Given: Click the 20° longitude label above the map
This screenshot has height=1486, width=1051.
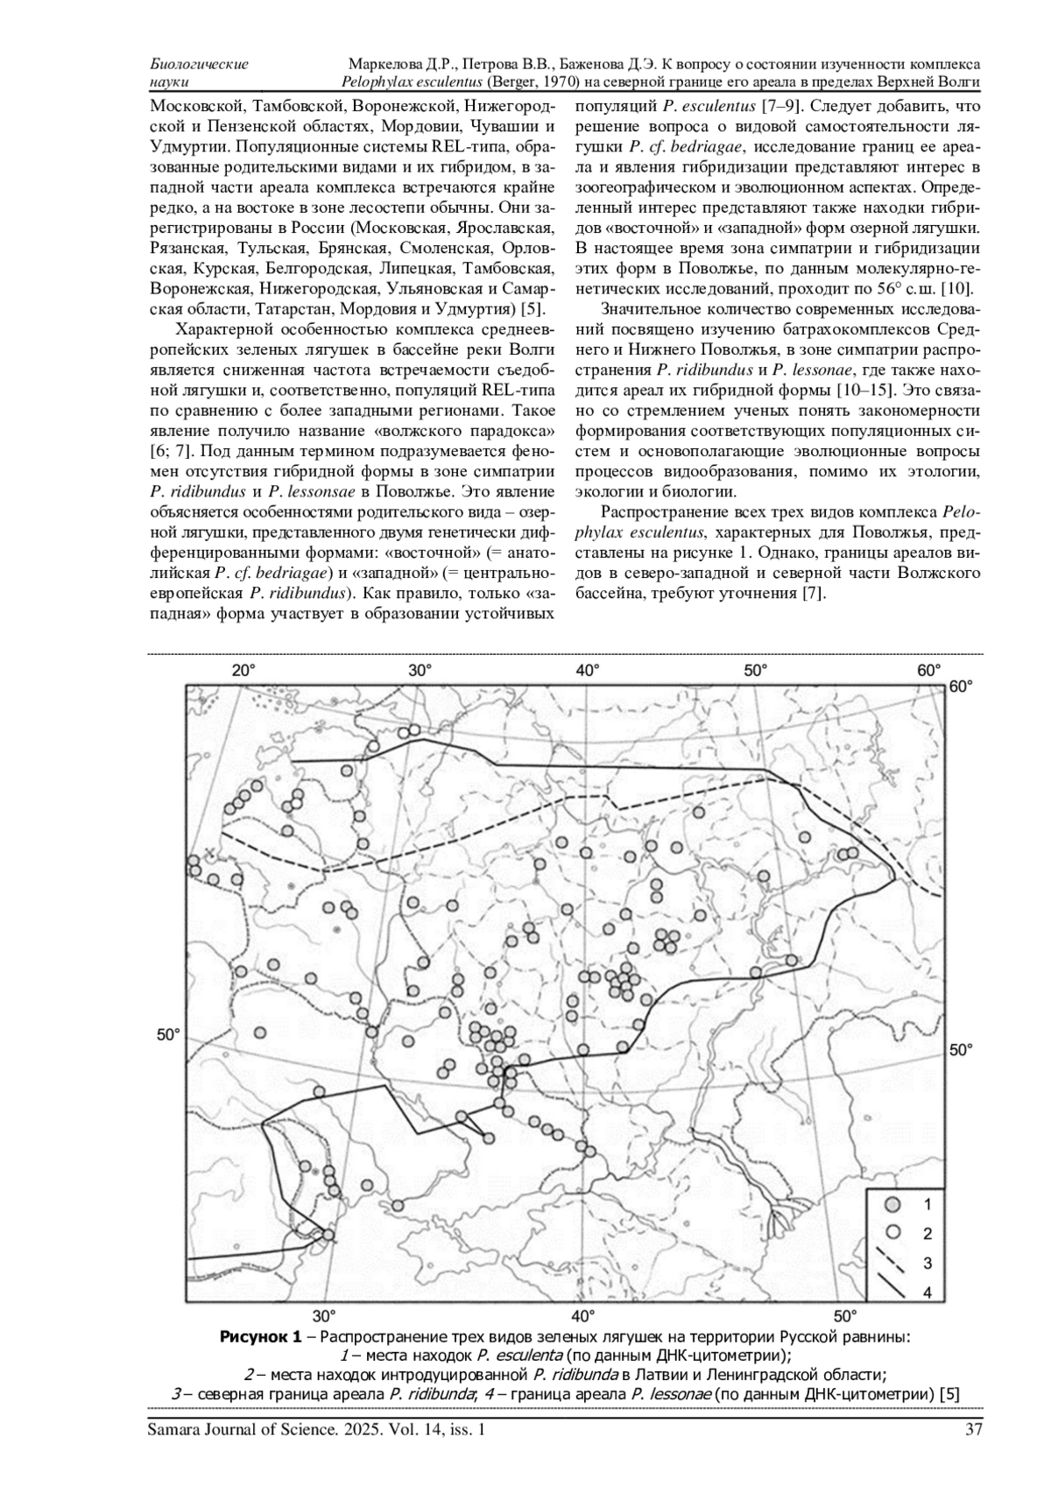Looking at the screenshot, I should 243,670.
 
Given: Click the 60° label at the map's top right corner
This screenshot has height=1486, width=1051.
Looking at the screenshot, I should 961,687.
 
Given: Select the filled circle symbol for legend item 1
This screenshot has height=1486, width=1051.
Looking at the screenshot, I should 893,1203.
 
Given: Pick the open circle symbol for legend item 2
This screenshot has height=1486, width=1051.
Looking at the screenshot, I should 893,1232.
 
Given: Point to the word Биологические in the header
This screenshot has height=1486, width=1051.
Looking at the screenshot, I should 199,65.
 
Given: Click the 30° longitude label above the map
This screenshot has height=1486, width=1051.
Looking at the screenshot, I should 420,670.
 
